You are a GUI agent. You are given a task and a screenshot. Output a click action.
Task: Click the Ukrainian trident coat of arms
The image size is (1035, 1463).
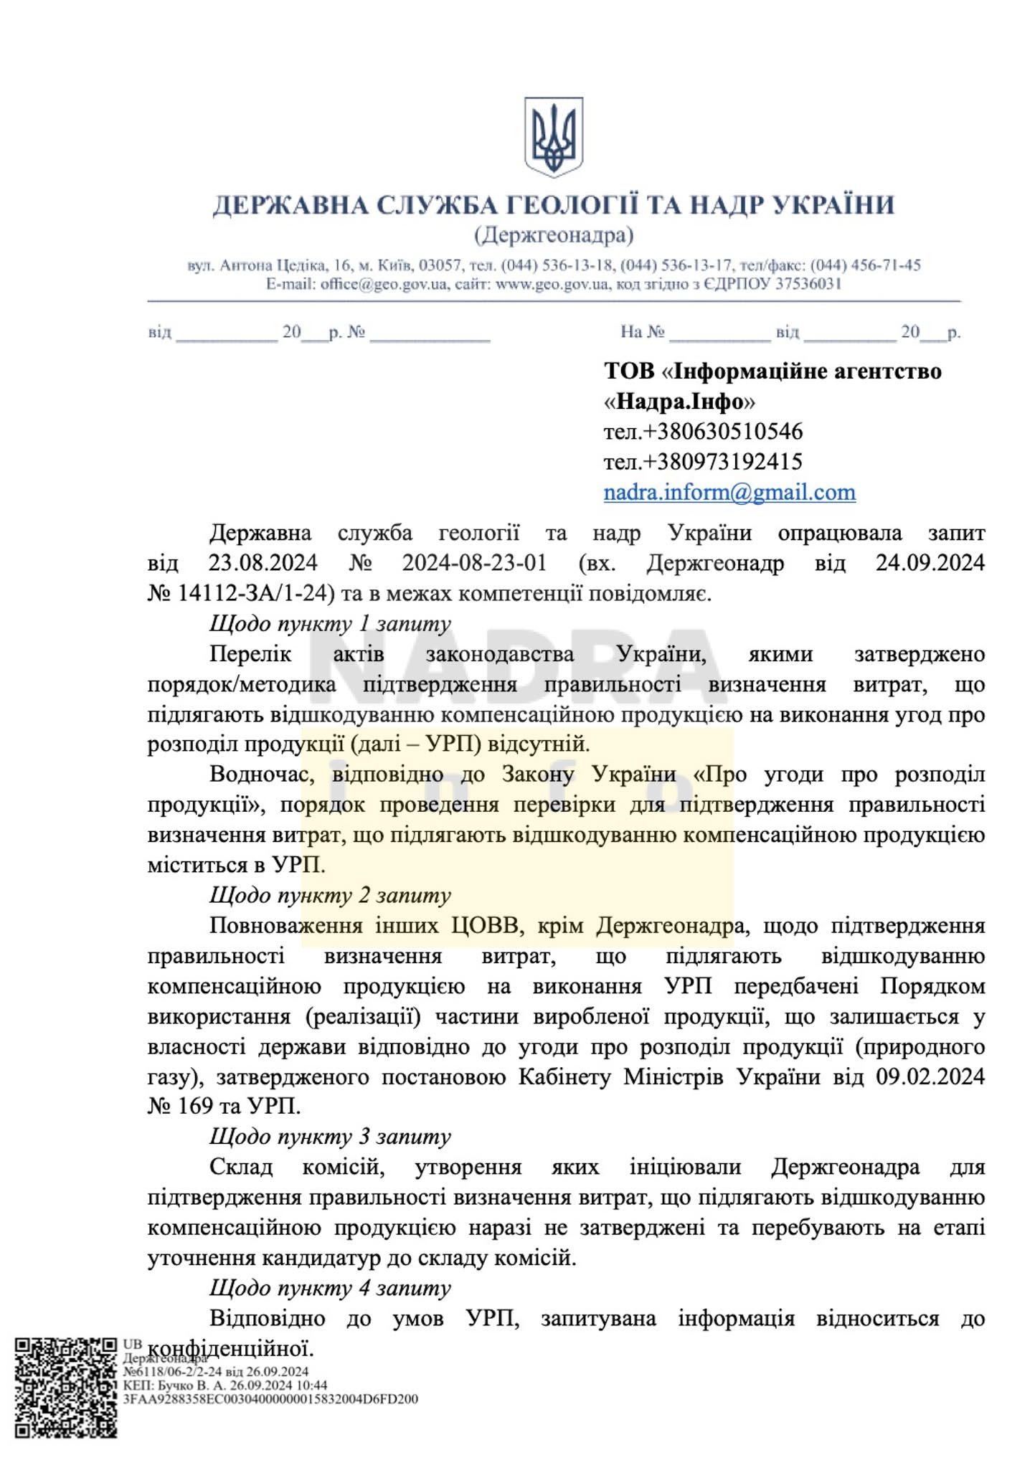tap(553, 137)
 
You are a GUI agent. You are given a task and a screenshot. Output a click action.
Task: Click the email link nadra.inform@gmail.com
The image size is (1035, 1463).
tap(729, 492)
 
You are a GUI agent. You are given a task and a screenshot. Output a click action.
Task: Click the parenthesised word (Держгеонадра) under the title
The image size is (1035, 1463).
tap(553, 235)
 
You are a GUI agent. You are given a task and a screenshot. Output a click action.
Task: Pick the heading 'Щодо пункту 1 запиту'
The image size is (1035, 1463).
tap(330, 623)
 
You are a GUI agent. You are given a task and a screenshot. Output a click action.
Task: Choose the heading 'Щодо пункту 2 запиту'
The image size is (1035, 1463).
tap(330, 895)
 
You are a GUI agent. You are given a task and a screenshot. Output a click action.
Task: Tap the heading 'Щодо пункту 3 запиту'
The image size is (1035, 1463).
tap(330, 1137)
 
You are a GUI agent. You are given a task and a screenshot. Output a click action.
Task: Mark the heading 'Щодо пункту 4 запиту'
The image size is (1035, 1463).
tap(330, 1288)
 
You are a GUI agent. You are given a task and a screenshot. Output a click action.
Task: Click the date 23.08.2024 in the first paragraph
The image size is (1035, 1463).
tap(263, 563)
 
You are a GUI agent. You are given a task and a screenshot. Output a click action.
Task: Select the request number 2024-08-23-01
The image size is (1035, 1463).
tap(474, 563)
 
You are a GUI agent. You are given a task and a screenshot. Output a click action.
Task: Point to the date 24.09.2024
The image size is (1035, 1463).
tap(930, 563)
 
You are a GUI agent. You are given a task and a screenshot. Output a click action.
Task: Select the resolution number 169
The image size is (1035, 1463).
tap(194, 1107)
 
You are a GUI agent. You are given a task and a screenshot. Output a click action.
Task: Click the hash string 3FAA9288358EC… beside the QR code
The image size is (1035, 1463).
tap(270, 1399)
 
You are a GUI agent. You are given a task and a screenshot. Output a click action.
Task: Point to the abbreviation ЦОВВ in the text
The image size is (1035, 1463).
tap(484, 926)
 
